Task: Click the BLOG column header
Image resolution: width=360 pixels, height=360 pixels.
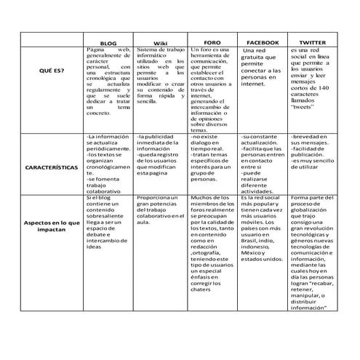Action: tap(107, 43)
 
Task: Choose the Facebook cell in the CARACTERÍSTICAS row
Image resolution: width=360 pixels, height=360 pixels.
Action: tap(263, 164)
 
